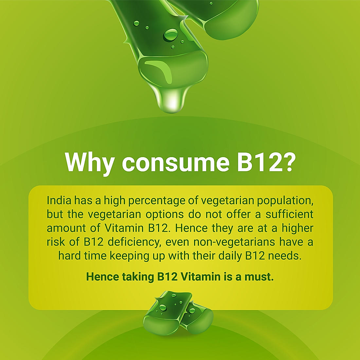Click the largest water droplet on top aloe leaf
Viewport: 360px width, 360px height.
(x=171, y=34)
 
